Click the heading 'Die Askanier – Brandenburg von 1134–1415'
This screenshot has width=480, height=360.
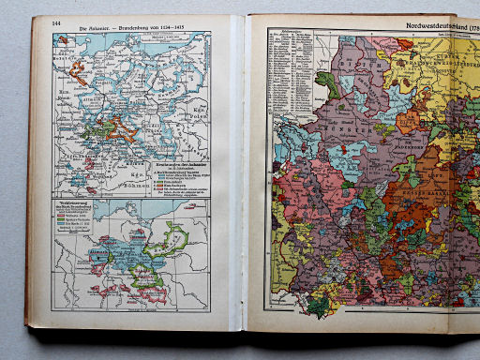[131, 24]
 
